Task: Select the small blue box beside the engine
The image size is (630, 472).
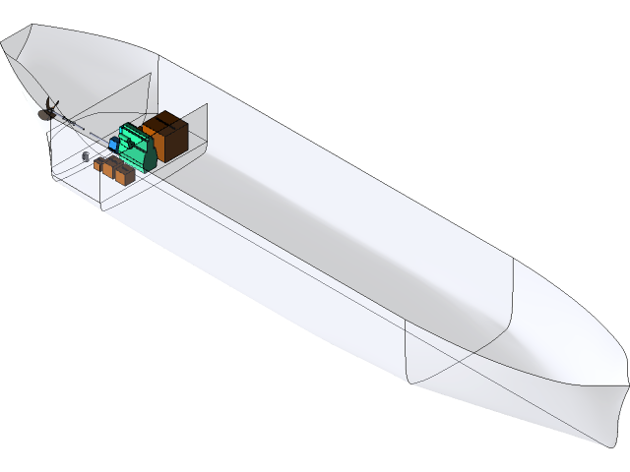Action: pyautogui.click(x=114, y=145)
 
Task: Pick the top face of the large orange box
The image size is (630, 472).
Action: pyautogui.click(x=164, y=123)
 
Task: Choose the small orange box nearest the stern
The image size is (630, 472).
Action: pyautogui.click(x=100, y=165)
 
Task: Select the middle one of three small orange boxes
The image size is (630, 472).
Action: pyautogui.click(x=112, y=169)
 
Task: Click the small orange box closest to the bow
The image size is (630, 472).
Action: pyautogui.click(x=124, y=174)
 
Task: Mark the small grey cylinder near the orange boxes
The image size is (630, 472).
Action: pyautogui.click(x=86, y=155)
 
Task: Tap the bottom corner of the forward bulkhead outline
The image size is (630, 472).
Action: pyautogui.click(x=409, y=379)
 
